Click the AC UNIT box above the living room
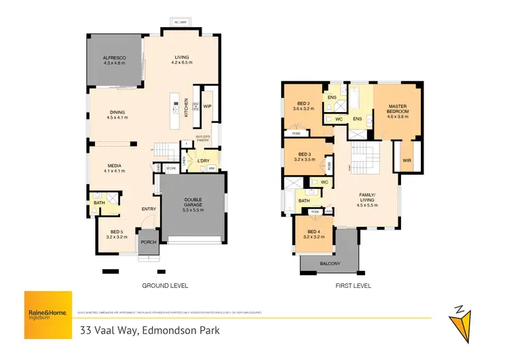point(180,22)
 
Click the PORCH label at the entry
point(148,242)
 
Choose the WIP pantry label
point(208,106)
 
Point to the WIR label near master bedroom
point(407,160)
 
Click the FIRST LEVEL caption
point(353,286)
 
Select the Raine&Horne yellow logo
point(47,314)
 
